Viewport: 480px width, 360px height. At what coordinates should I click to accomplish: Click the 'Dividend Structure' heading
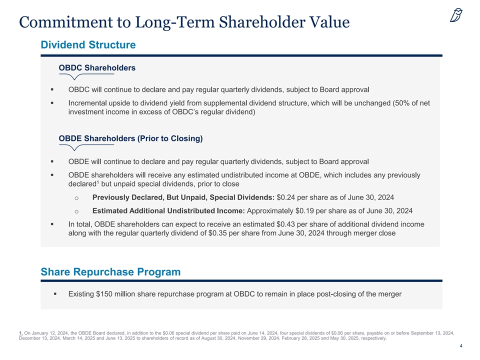[88, 45]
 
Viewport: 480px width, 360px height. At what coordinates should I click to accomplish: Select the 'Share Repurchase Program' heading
[110, 272]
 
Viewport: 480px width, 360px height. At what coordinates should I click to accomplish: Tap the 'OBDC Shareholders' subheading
[97, 67]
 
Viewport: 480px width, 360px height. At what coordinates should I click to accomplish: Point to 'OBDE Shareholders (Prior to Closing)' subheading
[130, 138]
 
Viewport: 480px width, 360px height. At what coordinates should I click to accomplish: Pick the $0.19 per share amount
[306, 210]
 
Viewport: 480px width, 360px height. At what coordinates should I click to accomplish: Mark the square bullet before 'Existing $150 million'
[55, 294]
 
